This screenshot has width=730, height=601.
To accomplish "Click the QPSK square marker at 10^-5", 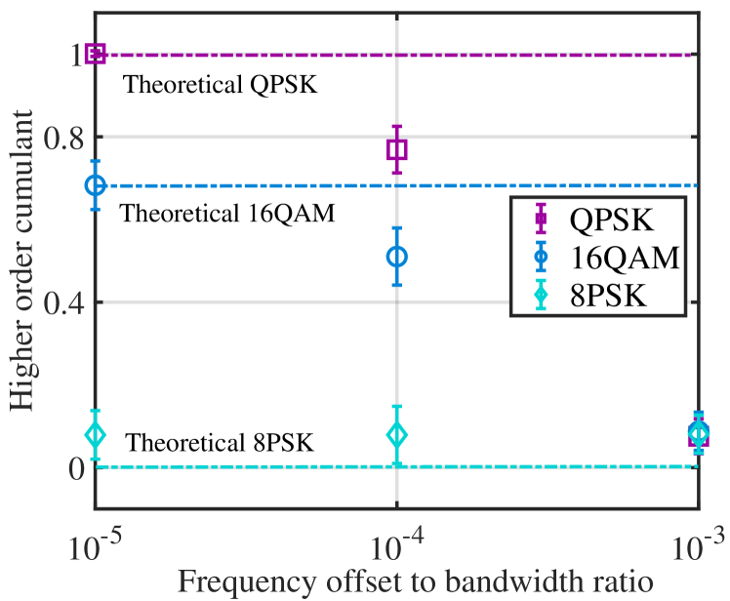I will [95, 54].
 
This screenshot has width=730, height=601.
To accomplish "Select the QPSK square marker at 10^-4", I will [396, 149].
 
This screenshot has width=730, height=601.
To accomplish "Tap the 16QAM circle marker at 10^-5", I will [95, 184].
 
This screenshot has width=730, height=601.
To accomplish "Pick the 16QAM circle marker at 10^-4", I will [396, 257].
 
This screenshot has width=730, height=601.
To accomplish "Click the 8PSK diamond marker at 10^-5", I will [95, 434].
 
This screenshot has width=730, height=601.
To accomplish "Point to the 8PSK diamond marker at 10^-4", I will [396, 434].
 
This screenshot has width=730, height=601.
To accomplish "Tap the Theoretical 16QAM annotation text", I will [227, 213].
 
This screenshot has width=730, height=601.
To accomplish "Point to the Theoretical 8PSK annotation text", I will [221, 443].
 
